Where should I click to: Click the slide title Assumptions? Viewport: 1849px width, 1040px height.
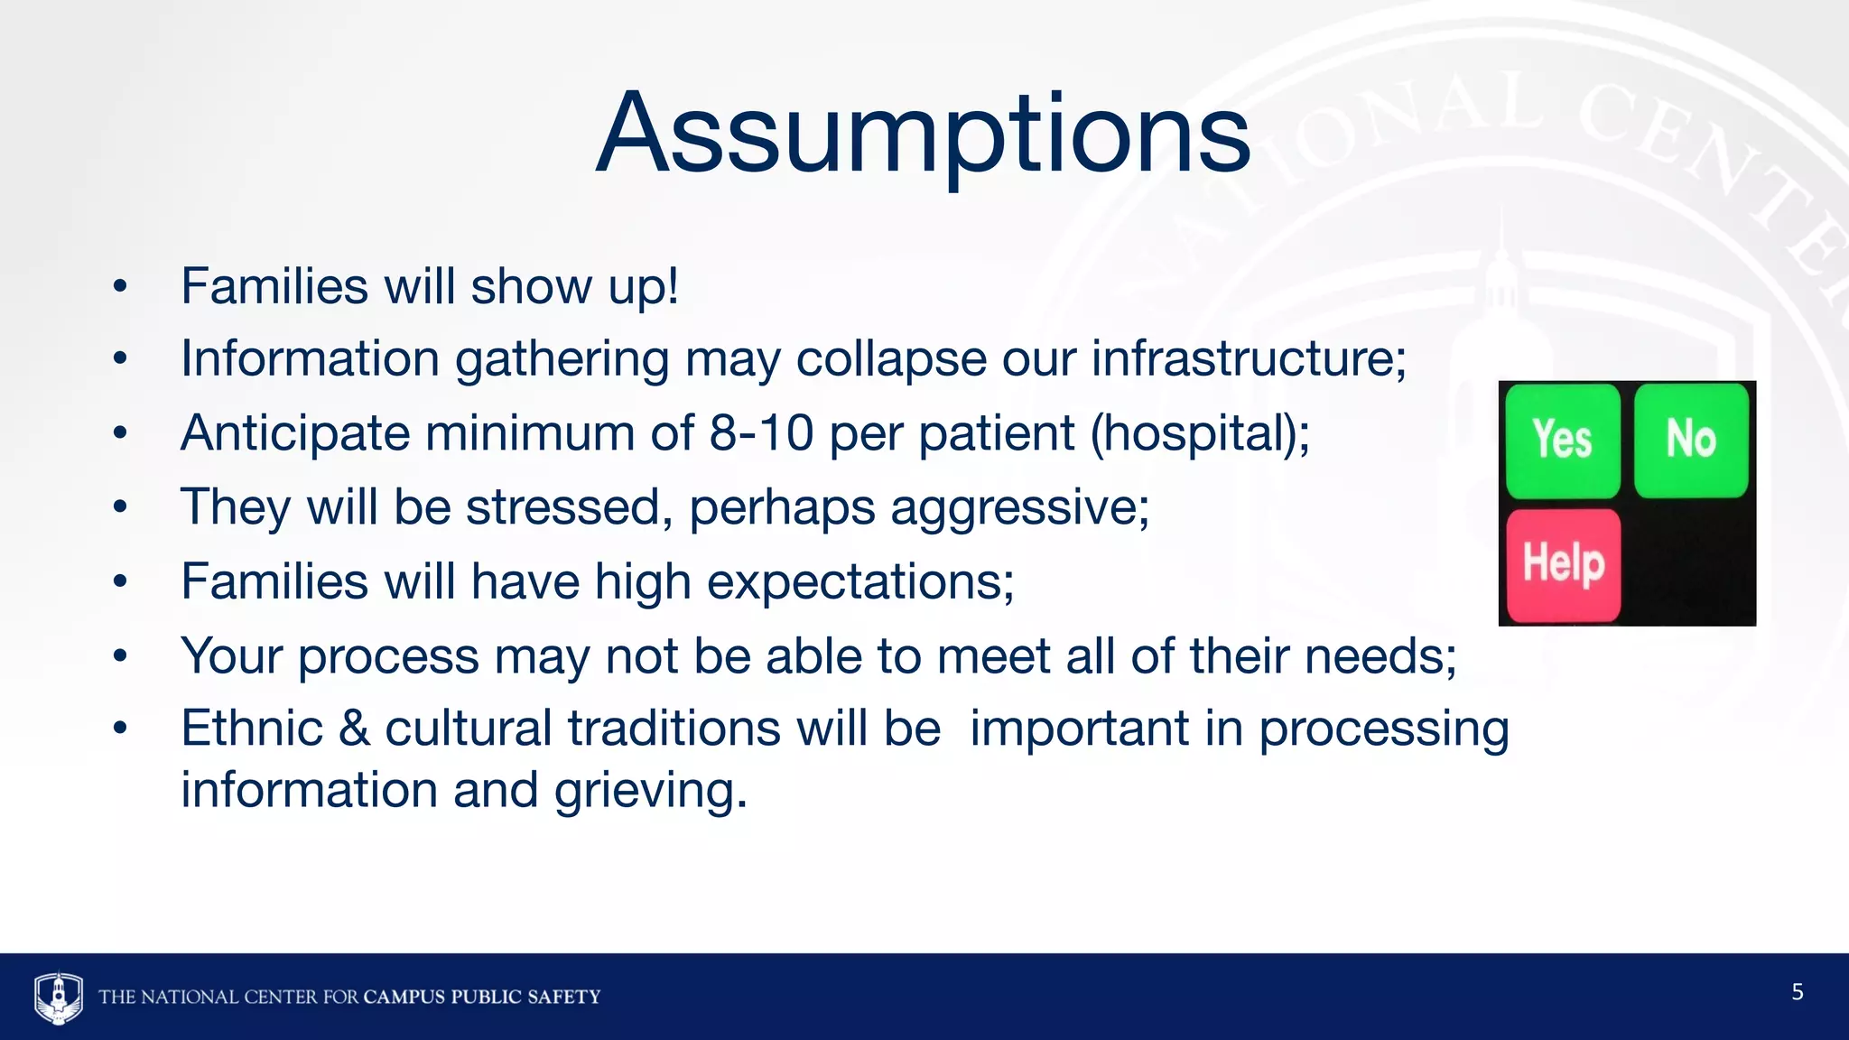(x=923, y=134)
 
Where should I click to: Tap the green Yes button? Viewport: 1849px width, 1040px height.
(x=1563, y=441)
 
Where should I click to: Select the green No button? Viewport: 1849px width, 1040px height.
(x=1691, y=441)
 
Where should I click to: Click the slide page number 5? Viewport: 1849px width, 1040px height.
(x=1797, y=992)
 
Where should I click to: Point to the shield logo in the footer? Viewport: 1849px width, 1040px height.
(x=59, y=997)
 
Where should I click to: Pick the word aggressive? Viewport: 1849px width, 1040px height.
(x=1020, y=508)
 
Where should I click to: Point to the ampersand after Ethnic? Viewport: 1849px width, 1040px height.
(x=354, y=729)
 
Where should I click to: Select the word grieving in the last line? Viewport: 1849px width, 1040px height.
(x=650, y=792)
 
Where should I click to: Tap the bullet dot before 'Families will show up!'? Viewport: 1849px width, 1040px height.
(x=120, y=287)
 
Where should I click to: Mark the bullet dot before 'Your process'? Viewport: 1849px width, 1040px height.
(x=120, y=656)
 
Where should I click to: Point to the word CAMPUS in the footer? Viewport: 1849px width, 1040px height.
(x=404, y=997)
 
